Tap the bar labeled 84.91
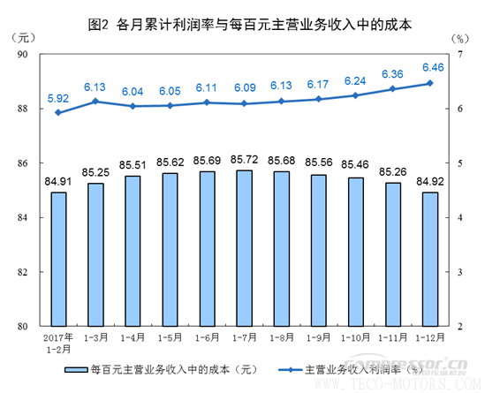(x=58, y=259)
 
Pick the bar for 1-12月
(x=429, y=259)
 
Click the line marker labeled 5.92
(x=58, y=112)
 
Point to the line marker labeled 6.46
(x=429, y=83)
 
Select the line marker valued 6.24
(x=355, y=95)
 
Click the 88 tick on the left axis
(x=24, y=109)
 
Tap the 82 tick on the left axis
(x=24, y=272)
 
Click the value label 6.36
(x=392, y=74)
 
